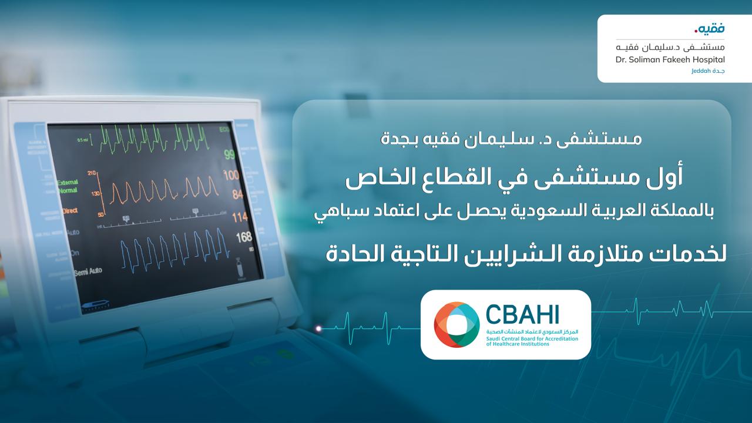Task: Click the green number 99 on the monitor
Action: pos(229,155)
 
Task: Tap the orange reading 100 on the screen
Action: pos(231,175)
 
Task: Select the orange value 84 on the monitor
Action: pos(237,194)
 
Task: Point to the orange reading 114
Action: pos(240,217)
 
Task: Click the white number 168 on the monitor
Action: pos(243,238)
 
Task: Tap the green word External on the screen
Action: pos(68,183)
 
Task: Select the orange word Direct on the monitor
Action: pos(69,209)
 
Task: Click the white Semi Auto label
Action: pos(88,271)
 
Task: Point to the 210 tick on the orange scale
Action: pos(92,173)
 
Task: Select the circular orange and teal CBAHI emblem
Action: pos(456,324)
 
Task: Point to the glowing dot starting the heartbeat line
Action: pos(319,328)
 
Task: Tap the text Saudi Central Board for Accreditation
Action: pos(531,338)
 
